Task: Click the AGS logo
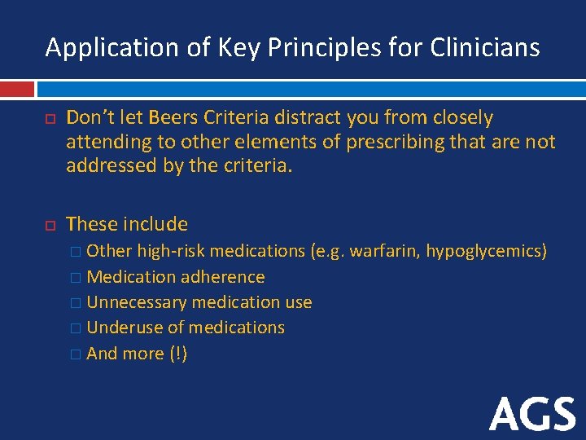coord(532,414)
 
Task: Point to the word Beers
coord(171,118)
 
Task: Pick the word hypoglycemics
coord(486,251)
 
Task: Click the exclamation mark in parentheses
coord(178,354)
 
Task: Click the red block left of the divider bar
coord(17,89)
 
